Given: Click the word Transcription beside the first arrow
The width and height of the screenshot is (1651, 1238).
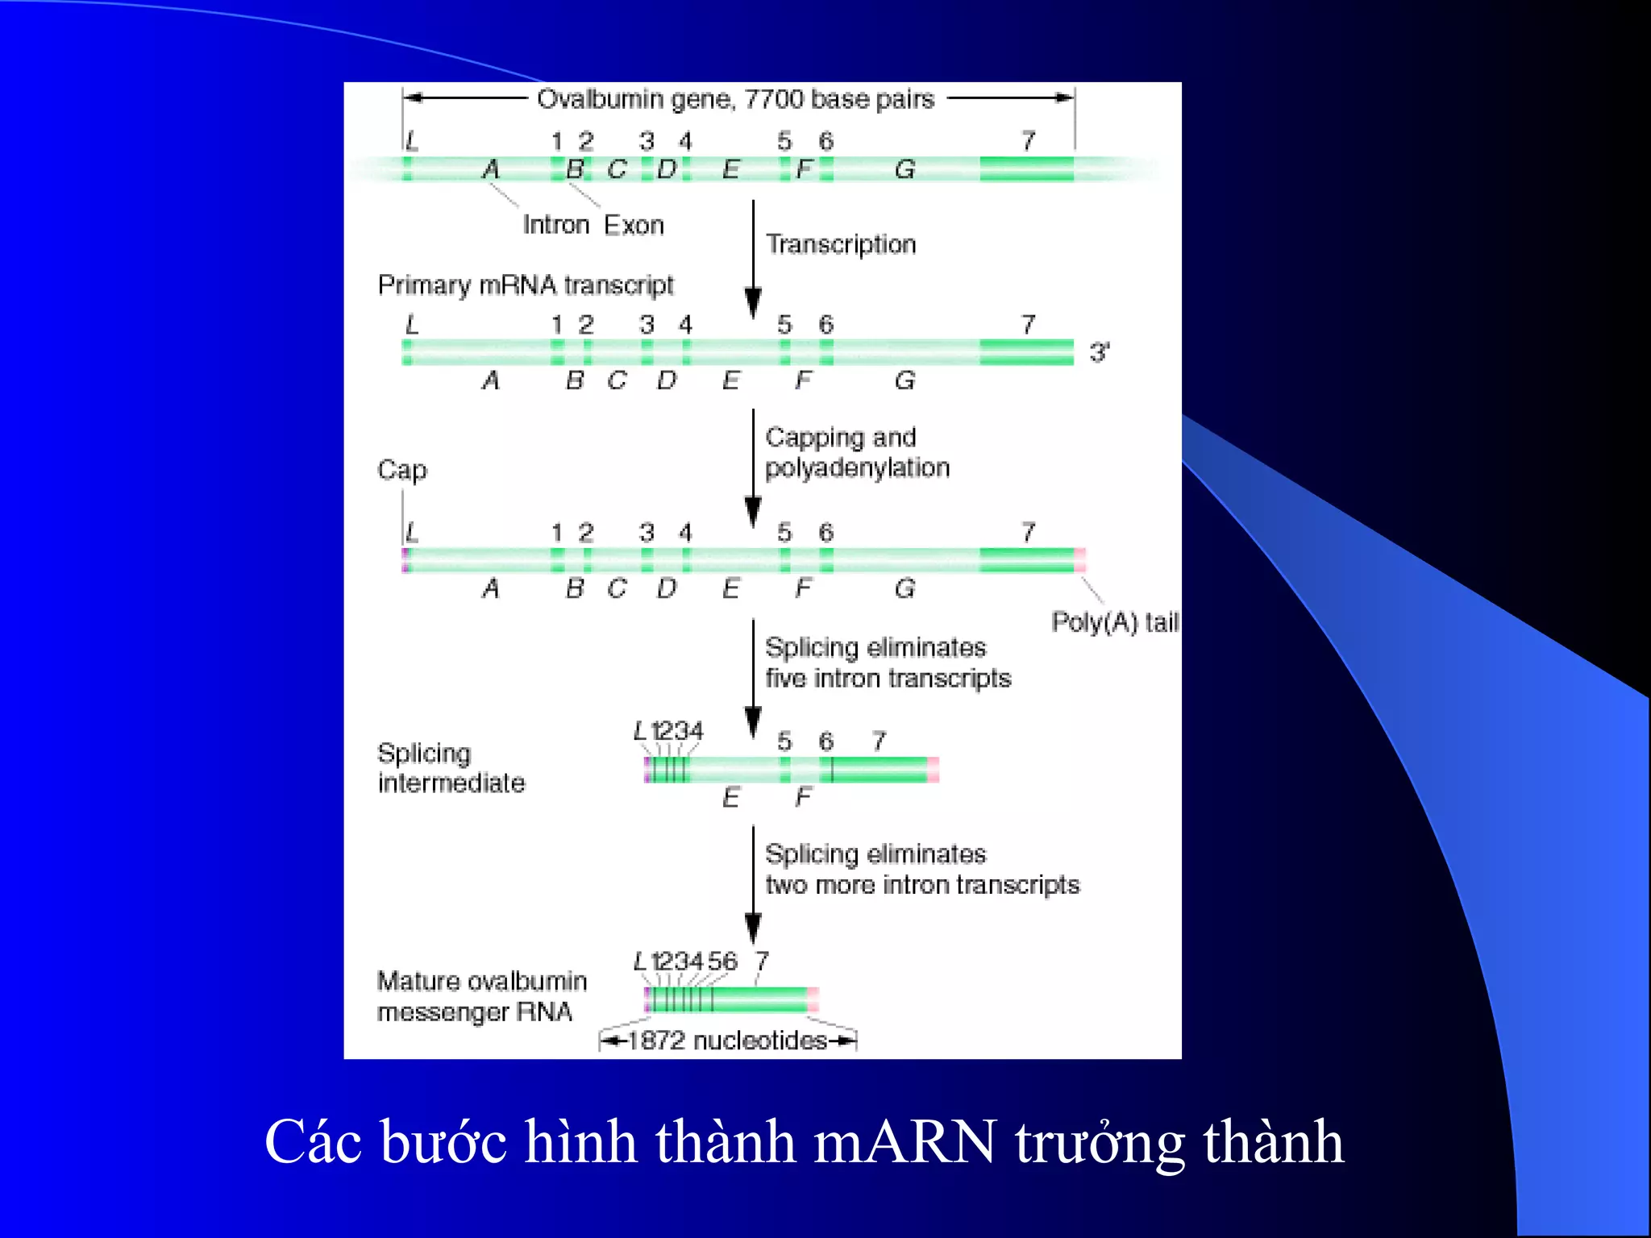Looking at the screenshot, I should click(841, 244).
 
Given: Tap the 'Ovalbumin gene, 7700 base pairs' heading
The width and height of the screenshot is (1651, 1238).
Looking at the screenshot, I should click(735, 99).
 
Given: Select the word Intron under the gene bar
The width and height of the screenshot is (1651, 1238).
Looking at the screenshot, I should click(555, 225).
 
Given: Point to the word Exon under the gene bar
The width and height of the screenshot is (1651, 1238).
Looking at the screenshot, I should click(634, 225).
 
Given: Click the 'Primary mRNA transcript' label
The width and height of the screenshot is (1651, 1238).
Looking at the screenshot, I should click(525, 285).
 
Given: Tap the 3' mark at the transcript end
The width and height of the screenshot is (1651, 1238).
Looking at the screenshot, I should click(1099, 352).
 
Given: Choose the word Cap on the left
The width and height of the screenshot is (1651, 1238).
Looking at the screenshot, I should click(401, 470).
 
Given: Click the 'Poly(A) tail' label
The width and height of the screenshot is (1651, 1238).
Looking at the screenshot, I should click(1115, 622).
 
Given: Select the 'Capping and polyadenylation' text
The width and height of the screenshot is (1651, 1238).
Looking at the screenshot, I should click(856, 452).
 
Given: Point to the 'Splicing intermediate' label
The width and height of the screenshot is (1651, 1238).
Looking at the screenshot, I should click(451, 768).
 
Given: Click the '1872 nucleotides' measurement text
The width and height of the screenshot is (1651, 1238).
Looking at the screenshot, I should click(727, 1041).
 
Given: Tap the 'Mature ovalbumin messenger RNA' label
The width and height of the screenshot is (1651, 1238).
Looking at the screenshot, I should click(481, 996).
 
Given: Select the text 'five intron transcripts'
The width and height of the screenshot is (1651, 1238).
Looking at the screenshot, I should click(888, 679).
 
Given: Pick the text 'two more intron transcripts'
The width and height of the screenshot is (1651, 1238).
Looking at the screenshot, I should click(921, 885).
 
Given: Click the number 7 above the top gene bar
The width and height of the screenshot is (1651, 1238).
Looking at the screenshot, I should click(1028, 142).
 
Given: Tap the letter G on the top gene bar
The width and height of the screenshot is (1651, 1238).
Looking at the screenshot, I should click(905, 169).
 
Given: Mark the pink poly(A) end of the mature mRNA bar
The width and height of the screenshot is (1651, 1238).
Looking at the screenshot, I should click(813, 999).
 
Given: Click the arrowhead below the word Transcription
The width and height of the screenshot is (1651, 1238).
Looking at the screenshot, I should click(753, 303).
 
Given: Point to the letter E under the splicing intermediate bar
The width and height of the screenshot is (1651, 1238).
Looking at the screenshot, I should click(730, 798).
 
